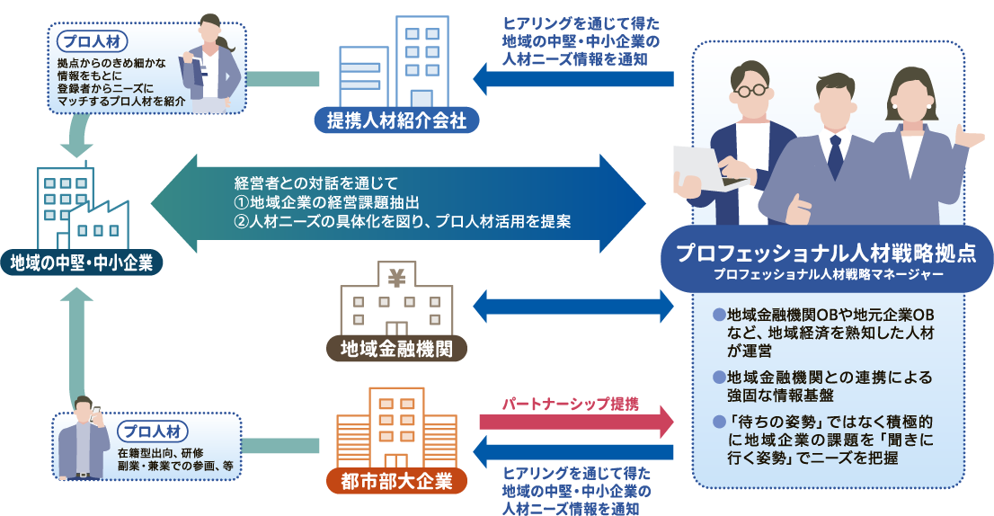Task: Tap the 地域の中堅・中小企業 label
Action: tap(82, 262)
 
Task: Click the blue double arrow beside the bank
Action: tap(574, 305)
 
